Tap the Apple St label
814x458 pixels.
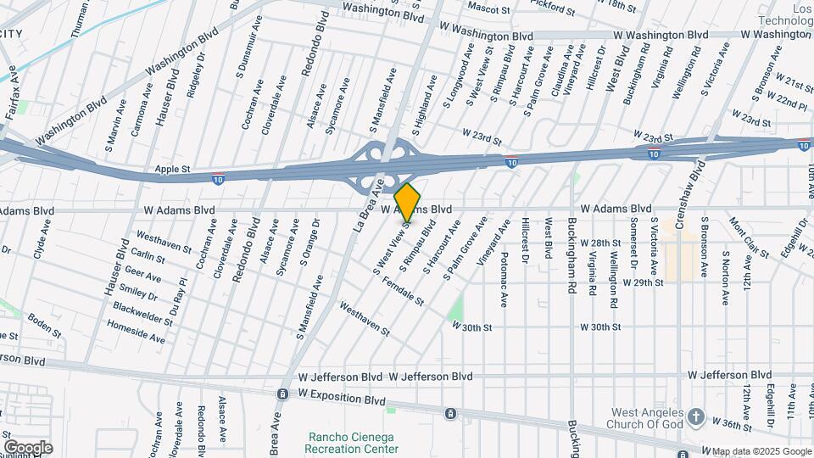[172, 170]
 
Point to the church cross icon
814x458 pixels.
[695, 416]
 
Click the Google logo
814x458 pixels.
[28, 447]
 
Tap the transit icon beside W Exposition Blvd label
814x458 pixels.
[282, 394]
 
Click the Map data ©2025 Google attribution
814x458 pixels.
[761, 450]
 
